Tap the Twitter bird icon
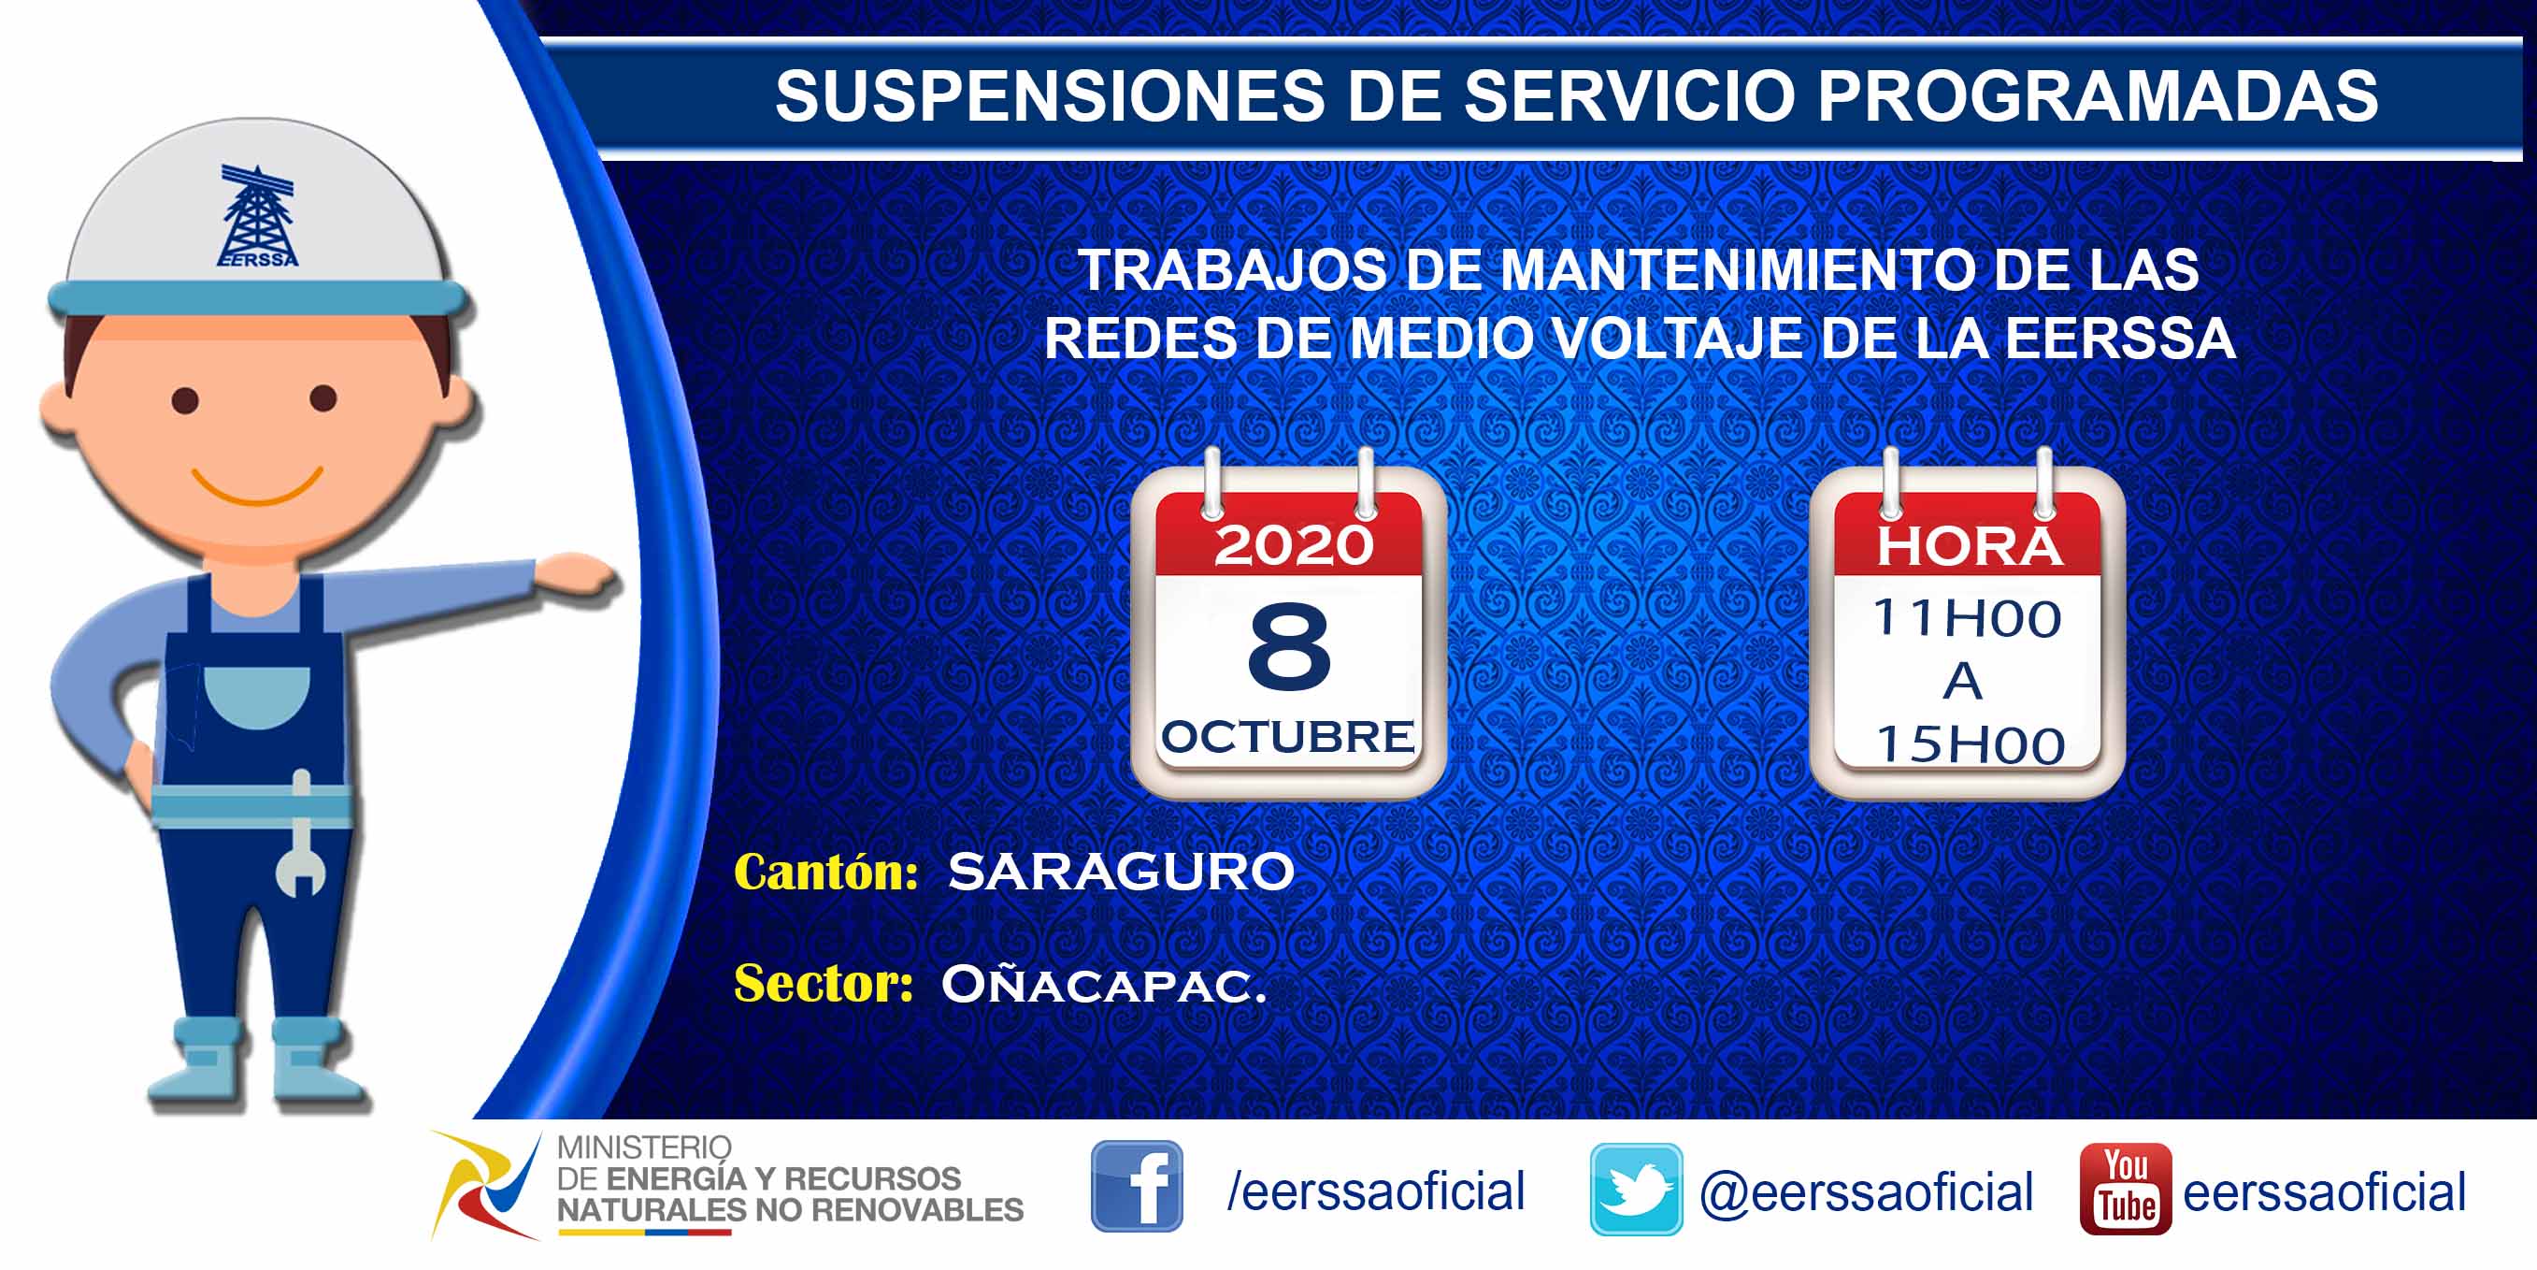[x=1636, y=1189]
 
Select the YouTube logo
[x=2126, y=1189]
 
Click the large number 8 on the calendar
[x=1289, y=646]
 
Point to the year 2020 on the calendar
[x=1293, y=545]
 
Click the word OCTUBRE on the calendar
[x=1288, y=737]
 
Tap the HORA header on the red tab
[x=1969, y=546]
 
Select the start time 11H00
[x=1967, y=619]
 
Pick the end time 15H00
[x=1970, y=744]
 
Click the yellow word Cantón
[x=826, y=872]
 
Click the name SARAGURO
[x=1121, y=872]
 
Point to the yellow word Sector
[x=824, y=983]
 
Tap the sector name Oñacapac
[x=1103, y=983]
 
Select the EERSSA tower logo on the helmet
[x=257, y=216]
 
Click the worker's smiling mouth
[x=257, y=485]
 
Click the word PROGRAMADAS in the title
[x=2098, y=95]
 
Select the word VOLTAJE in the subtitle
[x=1675, y=338]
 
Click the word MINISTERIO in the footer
[x=644, y=1147]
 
